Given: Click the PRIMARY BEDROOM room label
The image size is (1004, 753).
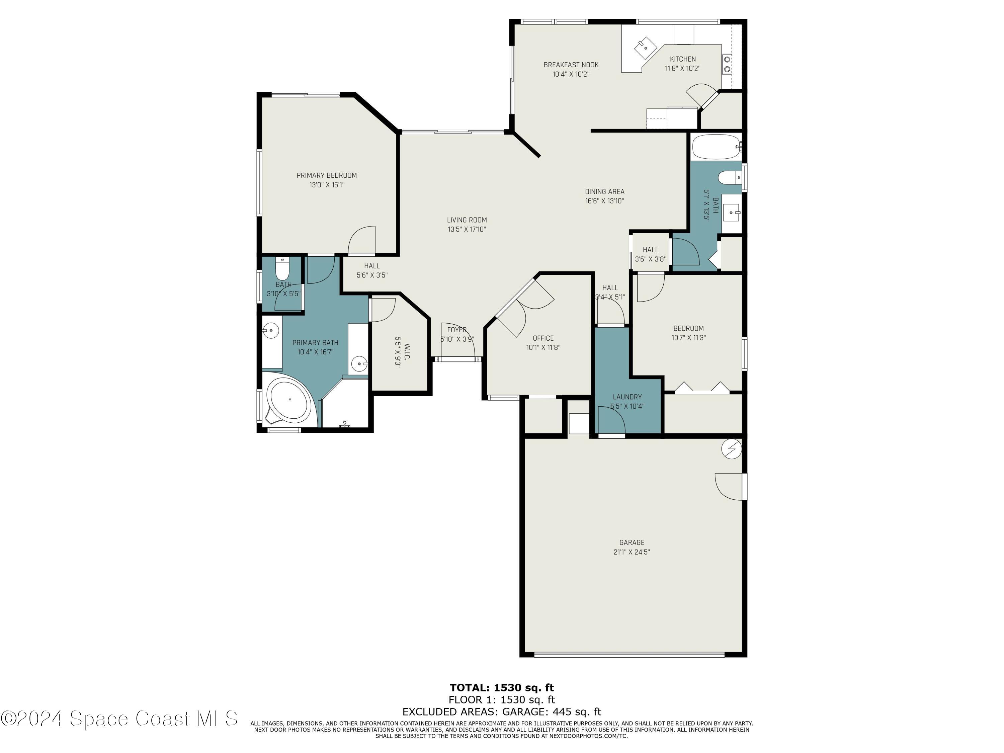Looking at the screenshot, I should pos(326,175).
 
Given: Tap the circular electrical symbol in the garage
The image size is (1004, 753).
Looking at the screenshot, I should pos(731,449).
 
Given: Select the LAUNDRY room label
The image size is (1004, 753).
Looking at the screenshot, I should pos(627,397).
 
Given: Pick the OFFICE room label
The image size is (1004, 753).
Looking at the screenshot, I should pos(543,338).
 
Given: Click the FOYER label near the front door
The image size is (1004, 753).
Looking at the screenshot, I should pos(456,330).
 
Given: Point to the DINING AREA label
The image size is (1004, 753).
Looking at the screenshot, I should pos(604,191).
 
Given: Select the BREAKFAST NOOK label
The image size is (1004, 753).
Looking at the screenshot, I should pos(571,65).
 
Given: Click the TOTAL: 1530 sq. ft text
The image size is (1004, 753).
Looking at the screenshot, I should pos(502,688).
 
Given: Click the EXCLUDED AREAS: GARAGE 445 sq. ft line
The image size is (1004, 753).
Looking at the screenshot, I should pos(502,712).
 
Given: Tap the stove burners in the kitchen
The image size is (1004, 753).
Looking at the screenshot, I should pos(727,64).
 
